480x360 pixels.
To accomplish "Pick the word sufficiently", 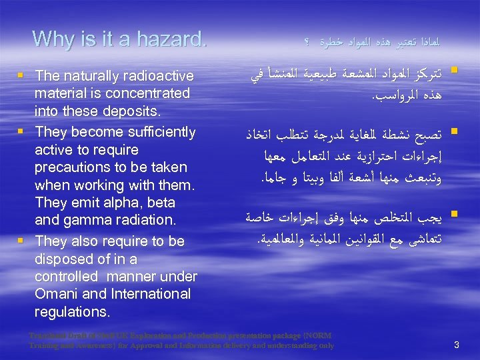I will pyautogui.click(x=155, y=132).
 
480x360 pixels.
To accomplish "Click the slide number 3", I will pyautogui.click(x=457, y=345).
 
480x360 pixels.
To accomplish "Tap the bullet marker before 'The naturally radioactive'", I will pyautogui.click(x=24, y=77).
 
